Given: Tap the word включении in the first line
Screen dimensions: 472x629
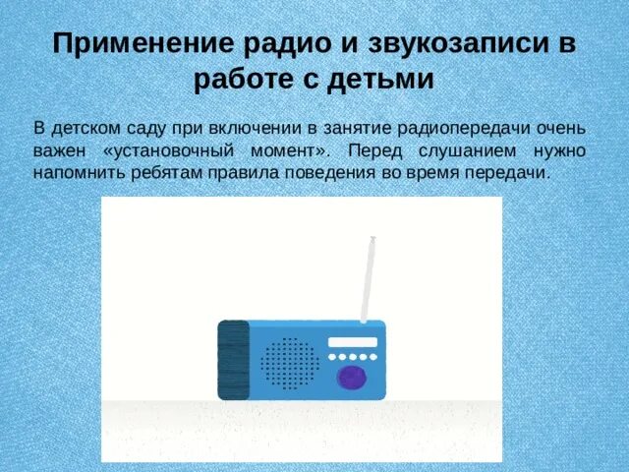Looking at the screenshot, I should [x=256, y=129].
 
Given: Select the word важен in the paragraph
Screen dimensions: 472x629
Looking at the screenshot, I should [x=58, y=150].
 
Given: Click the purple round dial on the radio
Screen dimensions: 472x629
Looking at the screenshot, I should [x=351, y=376].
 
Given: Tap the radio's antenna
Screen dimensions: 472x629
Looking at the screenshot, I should [x=368, y=279].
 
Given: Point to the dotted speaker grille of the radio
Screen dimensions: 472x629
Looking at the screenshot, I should [x=290, y=363].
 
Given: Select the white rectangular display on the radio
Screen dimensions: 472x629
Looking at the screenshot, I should [x=352, y=341].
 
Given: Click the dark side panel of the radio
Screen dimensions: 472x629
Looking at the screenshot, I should [x=233, y=360].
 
